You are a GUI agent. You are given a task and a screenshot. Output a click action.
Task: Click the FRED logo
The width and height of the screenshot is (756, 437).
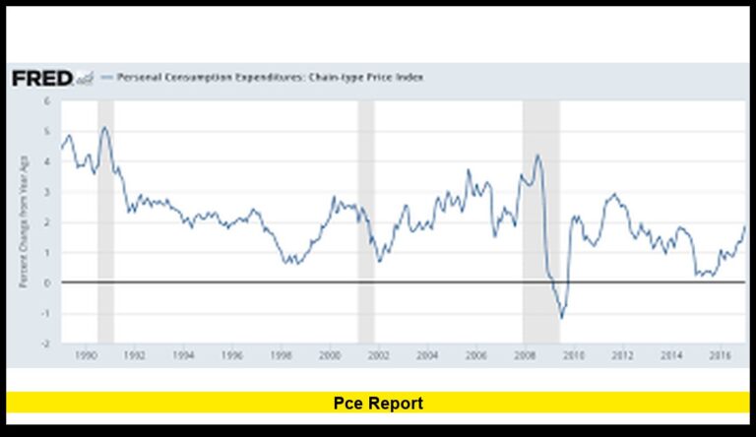[x=41, y=79]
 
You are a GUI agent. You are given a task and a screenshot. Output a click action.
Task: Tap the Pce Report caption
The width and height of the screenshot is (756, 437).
[x=378, y=404]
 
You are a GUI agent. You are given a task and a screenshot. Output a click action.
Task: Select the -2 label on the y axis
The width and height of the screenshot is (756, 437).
[x=45, y=344]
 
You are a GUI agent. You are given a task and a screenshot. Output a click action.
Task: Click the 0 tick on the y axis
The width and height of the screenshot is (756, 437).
[x=47, y=283]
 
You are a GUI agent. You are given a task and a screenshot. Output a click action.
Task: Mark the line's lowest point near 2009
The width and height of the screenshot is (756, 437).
[x=562, y=317]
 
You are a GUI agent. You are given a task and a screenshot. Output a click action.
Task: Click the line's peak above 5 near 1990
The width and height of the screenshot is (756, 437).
[x=104, y=126]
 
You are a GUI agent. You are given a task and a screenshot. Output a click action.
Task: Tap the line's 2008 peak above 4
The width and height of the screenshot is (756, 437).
[x=537, y=155]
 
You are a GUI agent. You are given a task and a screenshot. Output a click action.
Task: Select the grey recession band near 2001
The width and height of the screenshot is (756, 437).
[x=365, y=220]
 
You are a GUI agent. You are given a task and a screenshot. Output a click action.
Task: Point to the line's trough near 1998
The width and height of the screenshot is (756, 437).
[x=286, y=264]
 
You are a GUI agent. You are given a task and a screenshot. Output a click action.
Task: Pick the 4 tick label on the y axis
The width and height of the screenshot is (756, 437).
[x=47, y=161]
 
